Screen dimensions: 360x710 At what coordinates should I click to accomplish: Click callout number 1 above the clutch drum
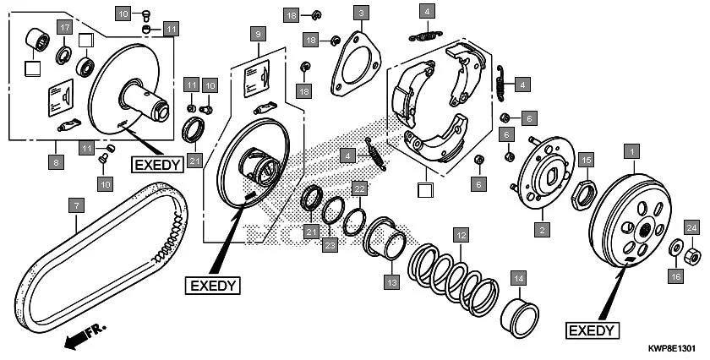point(629,152)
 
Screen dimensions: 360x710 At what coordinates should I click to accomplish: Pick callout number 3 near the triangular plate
point(361,13)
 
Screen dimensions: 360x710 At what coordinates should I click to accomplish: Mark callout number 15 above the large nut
point(586,158)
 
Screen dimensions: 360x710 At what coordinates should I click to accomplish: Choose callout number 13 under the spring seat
point(390,282)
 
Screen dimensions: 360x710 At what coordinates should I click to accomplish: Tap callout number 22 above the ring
point(358,188)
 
